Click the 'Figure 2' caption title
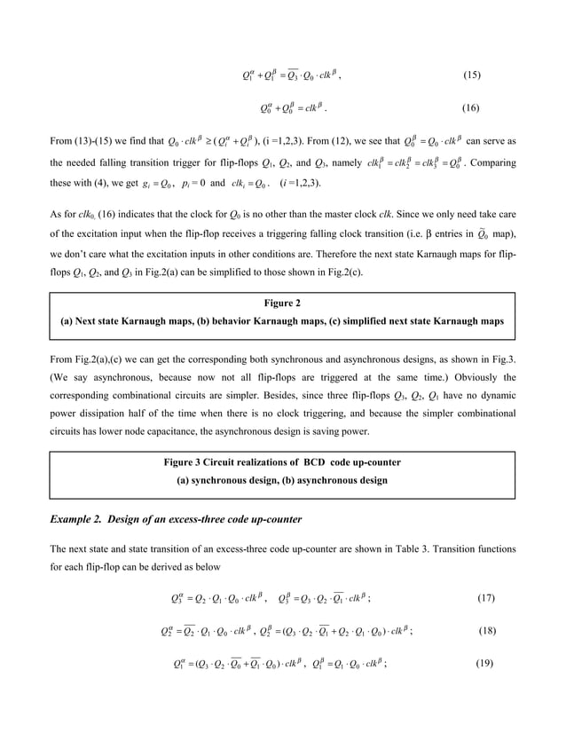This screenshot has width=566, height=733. [284, 303]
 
